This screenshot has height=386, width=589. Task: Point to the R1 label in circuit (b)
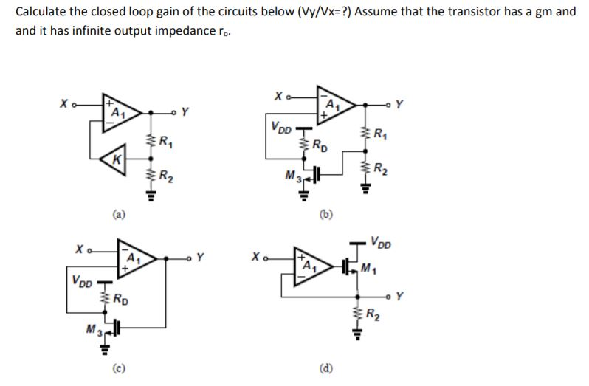pos(381,134)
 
